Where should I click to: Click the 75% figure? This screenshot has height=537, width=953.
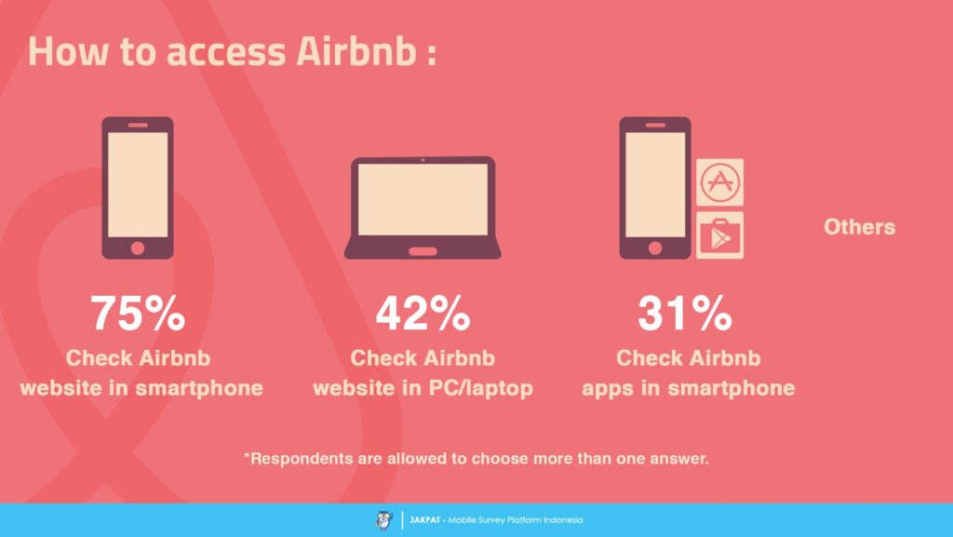[138, 315]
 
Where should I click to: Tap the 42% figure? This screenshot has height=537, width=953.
[423, 315]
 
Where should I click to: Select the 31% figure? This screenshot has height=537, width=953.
[685, 315]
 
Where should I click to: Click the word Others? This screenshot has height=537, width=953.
[859, 227]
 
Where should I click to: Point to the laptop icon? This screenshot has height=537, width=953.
[423, 207]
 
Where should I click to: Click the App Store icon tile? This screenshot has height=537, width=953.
[720, 181]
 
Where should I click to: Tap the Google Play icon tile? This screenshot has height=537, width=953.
[720, 235]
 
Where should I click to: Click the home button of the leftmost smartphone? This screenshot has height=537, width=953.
[138, 248]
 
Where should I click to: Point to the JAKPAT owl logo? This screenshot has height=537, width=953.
[383, 520]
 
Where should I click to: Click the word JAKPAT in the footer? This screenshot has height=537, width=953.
[425, 520]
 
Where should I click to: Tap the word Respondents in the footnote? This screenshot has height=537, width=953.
[304, 459]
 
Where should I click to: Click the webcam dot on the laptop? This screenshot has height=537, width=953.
[423, 160]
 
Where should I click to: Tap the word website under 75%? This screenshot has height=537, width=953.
[60, 387]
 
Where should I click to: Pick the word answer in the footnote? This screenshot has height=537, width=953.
[683, 459]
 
